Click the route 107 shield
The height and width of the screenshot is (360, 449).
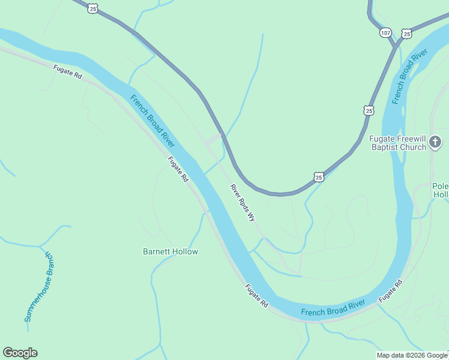[x=385, y=32]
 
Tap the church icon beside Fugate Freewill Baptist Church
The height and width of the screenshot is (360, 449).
[x=435, y=142]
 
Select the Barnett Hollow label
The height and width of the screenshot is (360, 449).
[x=170, y=251]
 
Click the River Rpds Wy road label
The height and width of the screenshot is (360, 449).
[x=243, y=203]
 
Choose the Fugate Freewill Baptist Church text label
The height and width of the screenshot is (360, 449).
[x=397, y=143]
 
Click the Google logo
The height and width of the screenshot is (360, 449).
[x=20, y=353]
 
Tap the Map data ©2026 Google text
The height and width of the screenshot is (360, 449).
[x=412, y=355]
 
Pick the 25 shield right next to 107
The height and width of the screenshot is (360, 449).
[x=407, y=34]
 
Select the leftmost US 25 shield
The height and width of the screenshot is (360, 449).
[x=92, y=7]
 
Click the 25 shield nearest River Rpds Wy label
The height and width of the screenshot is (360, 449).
[x=319, y=176]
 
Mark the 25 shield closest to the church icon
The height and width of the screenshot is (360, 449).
[x=369, y=110]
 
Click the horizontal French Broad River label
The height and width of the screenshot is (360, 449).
[x=333, y=308]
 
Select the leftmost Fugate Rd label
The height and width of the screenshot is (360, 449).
[x=67, y=72]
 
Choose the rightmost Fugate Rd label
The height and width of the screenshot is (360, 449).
[x=390, y=291]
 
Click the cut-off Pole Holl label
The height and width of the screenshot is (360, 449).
[x=441, y=190]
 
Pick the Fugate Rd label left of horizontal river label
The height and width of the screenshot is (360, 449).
[x=256, y=296]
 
